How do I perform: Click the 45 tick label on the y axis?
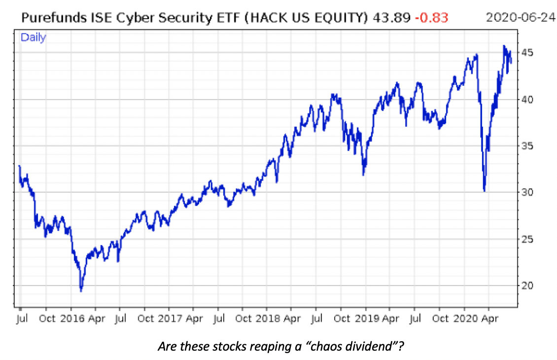(527, 53)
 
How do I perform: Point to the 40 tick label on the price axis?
(527, 99)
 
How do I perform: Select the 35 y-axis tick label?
(527, 146)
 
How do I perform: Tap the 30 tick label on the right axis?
(527, 192)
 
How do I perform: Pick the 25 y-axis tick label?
(527, 239)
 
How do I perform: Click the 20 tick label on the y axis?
(527, 286)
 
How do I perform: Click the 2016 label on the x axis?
(72, 319)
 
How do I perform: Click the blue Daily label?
(33, 37)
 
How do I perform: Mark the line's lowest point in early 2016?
(81, 291)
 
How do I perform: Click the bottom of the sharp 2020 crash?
(485, 190)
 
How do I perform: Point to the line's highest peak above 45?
(504, 46)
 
